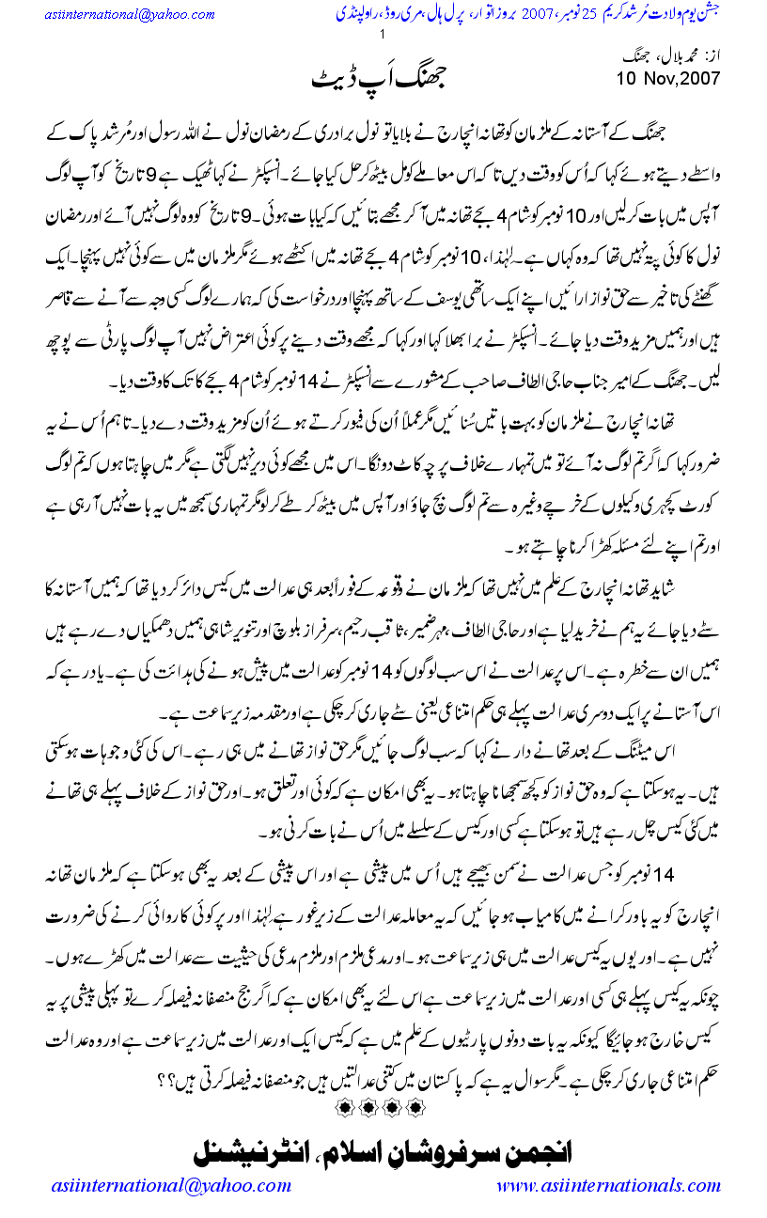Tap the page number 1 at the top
pyautogui.click(x=383, y=36)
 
